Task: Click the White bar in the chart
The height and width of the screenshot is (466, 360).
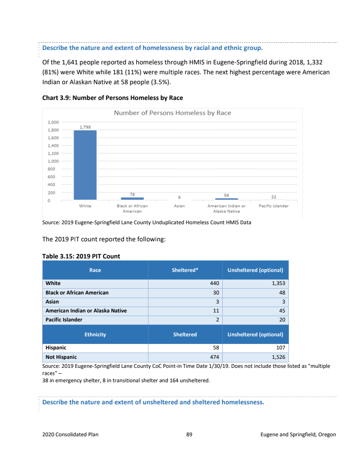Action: [x=85, y=165]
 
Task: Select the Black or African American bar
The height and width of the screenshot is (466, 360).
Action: [x=132, y=198]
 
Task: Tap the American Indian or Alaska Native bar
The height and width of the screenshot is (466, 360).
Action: [x=226, y=199]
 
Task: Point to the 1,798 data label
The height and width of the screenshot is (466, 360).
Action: [x=85, y=127]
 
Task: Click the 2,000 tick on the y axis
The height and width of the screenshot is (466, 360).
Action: [x=53, y=122]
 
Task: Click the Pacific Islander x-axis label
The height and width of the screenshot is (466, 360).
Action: [x=274, y=206]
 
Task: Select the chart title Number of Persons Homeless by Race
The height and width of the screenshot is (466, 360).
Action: [x=172, y=113]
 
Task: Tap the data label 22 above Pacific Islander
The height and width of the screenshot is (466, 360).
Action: [x=274, y=197]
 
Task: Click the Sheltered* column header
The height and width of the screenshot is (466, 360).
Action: [x=185, y=270]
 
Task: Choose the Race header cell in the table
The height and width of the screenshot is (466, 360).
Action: [x=95, y=270]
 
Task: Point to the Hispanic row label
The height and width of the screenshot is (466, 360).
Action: [x=56, y=348]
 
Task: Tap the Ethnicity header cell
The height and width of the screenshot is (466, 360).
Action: [x=95, y=335]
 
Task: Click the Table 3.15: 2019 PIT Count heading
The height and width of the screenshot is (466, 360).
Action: [x=81, y=256]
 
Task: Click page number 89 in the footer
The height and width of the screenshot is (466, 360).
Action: [x=189, y=434]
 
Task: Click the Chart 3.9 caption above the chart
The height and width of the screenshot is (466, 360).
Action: [x=112, y=98]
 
